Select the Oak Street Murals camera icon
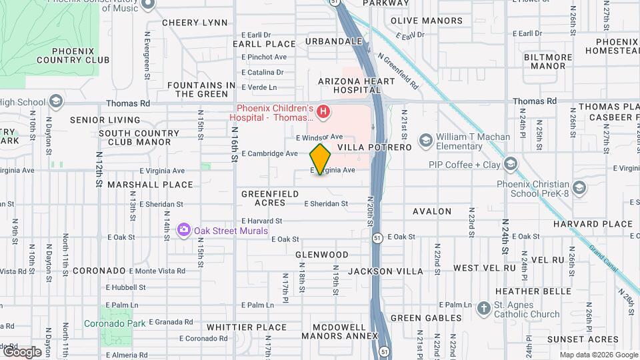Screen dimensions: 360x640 183,230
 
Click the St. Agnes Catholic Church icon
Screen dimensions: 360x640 484,308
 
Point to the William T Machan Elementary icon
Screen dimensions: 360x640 425,140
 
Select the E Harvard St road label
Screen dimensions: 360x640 262,221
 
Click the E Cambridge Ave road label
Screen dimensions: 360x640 269,153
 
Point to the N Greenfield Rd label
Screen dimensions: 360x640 398,72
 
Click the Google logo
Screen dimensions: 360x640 22,351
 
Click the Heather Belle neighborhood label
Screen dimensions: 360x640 527,291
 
